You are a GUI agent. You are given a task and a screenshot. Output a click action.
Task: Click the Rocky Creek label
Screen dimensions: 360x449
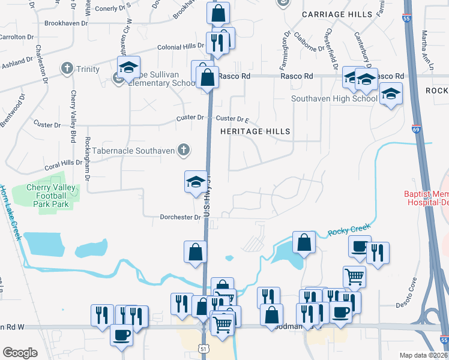click(349, 228)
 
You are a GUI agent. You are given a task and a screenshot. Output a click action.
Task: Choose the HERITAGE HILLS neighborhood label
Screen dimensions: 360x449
click(255, 131)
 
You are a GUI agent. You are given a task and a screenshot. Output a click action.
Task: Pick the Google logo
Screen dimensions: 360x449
click(20, 353)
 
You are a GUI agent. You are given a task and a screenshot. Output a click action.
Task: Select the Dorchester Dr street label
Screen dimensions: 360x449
click(179, 217)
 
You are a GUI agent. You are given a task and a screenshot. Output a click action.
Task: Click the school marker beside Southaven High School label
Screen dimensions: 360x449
click(391, 94)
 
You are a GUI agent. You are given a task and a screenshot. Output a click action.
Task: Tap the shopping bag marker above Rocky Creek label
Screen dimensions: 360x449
click(304, 242)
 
